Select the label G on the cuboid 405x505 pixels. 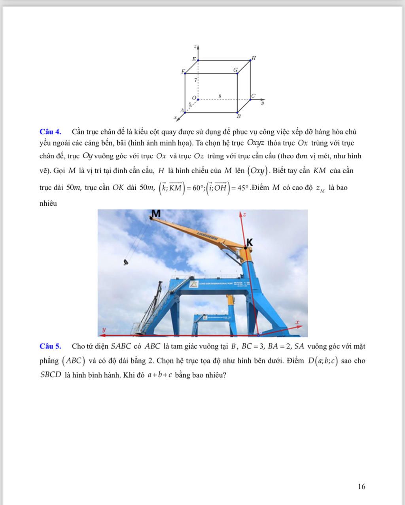click(x=235, y=70)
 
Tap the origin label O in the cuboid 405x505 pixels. click(x=194, y=97)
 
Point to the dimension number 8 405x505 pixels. click(x=220, y=96)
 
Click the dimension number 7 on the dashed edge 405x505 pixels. click(x=195, y=80)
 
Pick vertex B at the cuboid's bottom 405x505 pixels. click(x=238, y=116)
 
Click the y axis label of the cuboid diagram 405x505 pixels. click(x=262, y=103)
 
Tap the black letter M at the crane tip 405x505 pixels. click(x=156, y=214)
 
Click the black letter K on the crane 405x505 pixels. click(x=250, y=242)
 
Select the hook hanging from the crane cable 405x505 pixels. click(x=126, y=262)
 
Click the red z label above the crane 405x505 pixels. click(x=244, y=214)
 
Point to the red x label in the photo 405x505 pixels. click(x=297, y=323)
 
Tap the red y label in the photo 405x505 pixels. click(x=104, y=329)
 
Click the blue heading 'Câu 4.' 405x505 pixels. click(x=50, y=132)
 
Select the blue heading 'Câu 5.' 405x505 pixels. click(x=50, y=346)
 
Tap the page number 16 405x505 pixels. click(x=361, y=486)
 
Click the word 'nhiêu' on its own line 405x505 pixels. click(x=48, y=204)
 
